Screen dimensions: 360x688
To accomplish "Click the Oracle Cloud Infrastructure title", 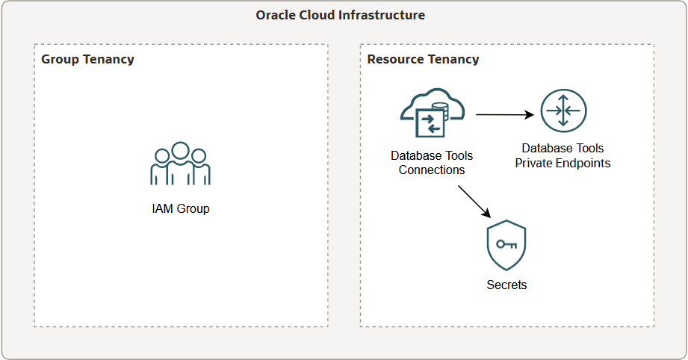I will pyautogui.click(x=340, y=15).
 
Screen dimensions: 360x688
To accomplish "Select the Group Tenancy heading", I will pyautogui.click(x=87, y=59).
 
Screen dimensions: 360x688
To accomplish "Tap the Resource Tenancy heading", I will pyautogui.click(x=423, y=59).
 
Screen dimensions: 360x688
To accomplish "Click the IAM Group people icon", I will pyautogui.click(x=180, y=164).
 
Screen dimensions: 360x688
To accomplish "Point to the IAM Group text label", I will pyautogui.click(x=180, y=209).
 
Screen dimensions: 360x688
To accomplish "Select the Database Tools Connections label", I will pyautogui.click(x=432, y=163).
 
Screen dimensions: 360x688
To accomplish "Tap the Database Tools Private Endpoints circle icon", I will pyautogui.click(x=563, y=111).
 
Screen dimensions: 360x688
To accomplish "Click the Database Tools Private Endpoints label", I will pyautogui.click(x=563, y=155).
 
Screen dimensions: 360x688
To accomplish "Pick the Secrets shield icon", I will pyautogui.click(x=506, y=245).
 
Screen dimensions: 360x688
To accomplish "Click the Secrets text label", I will pyautogui.click(x=506, y=285).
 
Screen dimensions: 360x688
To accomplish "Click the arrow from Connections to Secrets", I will pyautogui.click(x=473, y=202).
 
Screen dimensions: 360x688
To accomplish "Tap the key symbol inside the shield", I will pyautogui.click(x=506, y=243).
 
